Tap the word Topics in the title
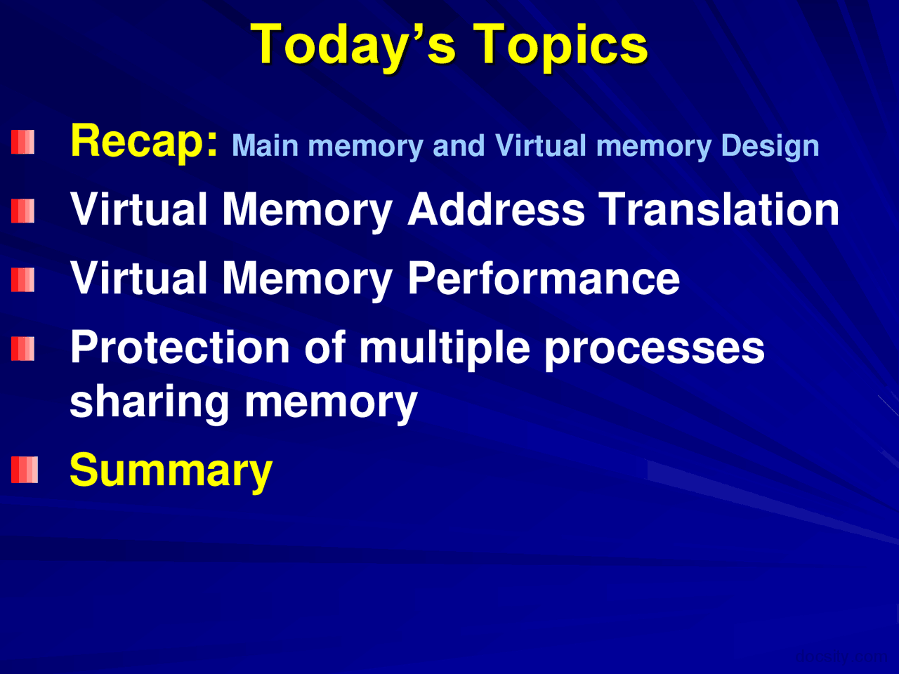click(x=560, y=45)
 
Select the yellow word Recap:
click(x=145, y=141)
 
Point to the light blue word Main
click(x=265, y=146)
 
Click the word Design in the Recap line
click(x=770, y=146)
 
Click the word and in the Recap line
click(x=459, y=146)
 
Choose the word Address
click(x=496, y=209)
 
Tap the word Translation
click(x=718, y=209)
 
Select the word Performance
click(x=543, y=278)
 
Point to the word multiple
click(x=444, y=347)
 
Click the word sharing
click(x=150, y=402)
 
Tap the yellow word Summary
click(x=171, y=471)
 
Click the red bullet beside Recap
click(x=23, y=143)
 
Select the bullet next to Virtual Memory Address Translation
click(x=23, y=211)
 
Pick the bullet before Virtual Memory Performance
click(x=23, y=280)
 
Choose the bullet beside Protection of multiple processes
click(x=23, y=349)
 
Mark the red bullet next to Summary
click(x=24, y=470)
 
